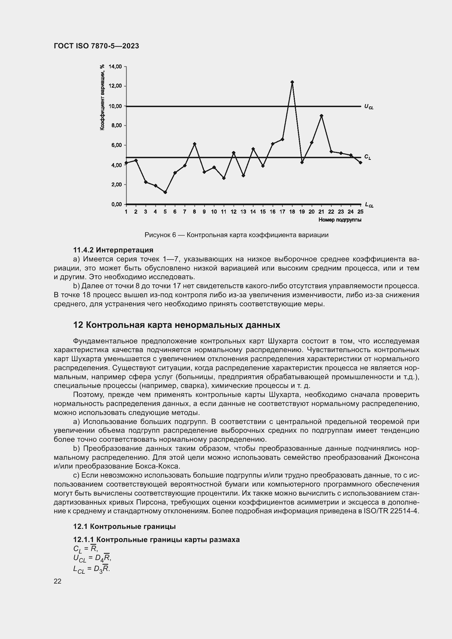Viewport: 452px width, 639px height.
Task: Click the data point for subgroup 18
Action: click(292, 82)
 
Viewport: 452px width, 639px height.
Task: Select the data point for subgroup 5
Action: click(165, 192)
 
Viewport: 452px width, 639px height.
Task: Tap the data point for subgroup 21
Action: click(321, 116)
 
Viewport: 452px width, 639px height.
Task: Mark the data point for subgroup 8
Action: click(195, 144)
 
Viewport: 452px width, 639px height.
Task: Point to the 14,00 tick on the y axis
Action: click(115, 66)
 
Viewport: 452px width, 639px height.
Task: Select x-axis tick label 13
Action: click(243, 212)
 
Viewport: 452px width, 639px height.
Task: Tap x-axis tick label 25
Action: click(360, 212)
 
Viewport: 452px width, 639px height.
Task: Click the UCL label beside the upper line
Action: click(369, 107)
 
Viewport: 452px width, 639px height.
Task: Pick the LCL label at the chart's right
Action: click(369, 205)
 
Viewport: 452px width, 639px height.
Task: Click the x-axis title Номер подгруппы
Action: click(340, 220)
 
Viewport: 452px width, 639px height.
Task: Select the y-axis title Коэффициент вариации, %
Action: click(102, 97)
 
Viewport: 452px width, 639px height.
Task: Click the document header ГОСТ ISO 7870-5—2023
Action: click(96, 46)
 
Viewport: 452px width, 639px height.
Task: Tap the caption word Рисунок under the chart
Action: click(158, 235)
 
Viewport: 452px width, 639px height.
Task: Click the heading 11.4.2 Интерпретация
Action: click(113, 250)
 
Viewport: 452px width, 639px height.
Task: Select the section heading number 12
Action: click(78, 325)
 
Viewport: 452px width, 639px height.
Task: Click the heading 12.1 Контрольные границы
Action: click(124, 526)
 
